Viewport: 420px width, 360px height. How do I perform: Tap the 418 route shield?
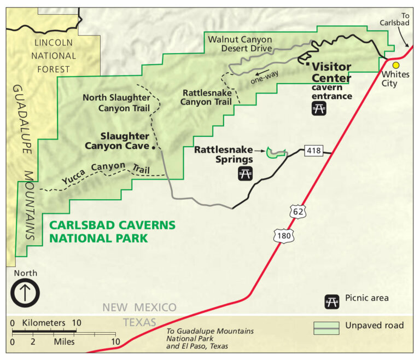(x=313, y=150)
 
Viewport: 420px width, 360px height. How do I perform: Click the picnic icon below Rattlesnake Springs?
(x=245, y=174)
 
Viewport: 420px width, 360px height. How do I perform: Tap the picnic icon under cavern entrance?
(x=319, y=109)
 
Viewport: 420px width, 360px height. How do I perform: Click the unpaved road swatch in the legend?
(x=326, y=327)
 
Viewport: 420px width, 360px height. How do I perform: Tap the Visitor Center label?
(x=331, y=72)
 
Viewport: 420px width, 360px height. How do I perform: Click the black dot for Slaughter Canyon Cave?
(x=155, y=147)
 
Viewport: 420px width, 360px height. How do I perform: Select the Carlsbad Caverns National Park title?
(x=112, y=231)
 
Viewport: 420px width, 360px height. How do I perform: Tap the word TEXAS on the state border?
(x=139, y=322)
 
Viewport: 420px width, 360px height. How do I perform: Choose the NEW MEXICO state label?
(x=139, y=307)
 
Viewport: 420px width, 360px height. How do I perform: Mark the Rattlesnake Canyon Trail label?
(x=206, y=96)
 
